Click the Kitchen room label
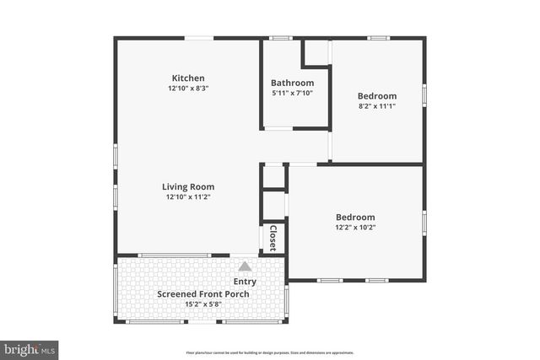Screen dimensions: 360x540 [188, 78]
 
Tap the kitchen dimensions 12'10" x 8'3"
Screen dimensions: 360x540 [188, 89]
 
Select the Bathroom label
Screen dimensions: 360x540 [292, 83]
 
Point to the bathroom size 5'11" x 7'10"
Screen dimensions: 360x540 [292, 93]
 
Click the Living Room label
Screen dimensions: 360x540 [188, 187]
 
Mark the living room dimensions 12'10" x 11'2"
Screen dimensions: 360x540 [188, 197]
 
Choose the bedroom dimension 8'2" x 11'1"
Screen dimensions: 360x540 [377, 106]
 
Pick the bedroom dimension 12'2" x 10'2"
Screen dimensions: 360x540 [354, 227]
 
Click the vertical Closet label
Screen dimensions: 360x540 [273, 238]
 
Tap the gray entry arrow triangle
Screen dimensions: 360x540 [245, 266]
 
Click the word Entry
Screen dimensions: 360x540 [245, 282]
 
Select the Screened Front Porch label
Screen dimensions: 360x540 [203, 294]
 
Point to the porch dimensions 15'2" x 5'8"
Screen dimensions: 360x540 [203, 304]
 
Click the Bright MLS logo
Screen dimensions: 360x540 [30, 348]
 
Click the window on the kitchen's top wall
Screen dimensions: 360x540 [198, 38]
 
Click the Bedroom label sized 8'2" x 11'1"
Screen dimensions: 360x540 [377, 96]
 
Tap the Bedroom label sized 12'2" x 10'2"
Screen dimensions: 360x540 [354, 217]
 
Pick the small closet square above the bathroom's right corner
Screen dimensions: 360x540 [316, 52]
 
